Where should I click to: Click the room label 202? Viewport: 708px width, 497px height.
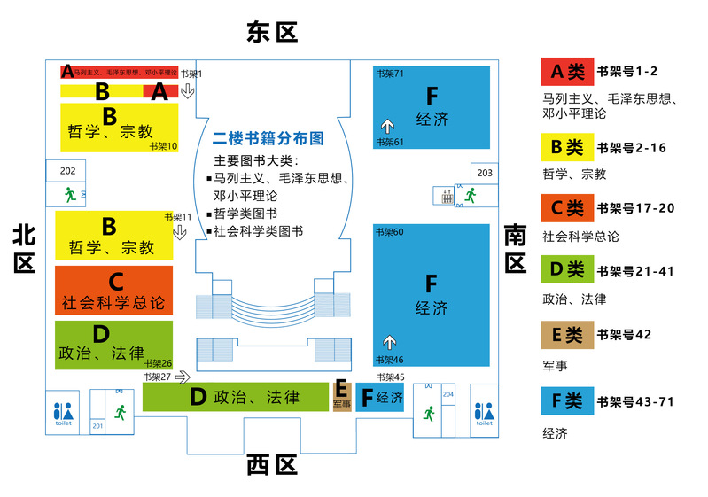[67, 171]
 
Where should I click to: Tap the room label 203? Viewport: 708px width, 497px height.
[485, 173]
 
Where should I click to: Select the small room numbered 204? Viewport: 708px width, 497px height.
[447, 394]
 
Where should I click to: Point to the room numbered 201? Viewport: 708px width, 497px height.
[97, 425]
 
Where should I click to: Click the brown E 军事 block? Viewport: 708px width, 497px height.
[342, 395]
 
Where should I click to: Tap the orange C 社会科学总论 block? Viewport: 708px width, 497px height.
[113, 290]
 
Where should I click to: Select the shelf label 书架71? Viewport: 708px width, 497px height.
[390, 74]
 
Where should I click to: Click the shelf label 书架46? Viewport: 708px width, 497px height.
[390, 360]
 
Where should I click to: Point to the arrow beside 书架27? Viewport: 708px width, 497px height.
[183, 377]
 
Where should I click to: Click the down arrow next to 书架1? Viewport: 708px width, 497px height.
[187, 90]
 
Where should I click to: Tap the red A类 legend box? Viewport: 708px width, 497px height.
[568, 72]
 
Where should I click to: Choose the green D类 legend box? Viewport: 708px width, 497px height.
[568, 269]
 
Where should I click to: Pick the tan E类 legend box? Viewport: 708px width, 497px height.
[568, 335]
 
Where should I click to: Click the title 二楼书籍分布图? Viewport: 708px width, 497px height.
[268, 138]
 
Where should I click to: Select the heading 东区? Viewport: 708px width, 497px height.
[272, 32]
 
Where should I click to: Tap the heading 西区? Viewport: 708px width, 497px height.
[272, 465]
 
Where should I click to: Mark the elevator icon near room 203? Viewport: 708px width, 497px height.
[447, 196]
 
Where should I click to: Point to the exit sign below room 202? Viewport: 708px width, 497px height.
[70, 195]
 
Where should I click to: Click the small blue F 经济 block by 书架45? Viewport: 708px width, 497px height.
[380, 397]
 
